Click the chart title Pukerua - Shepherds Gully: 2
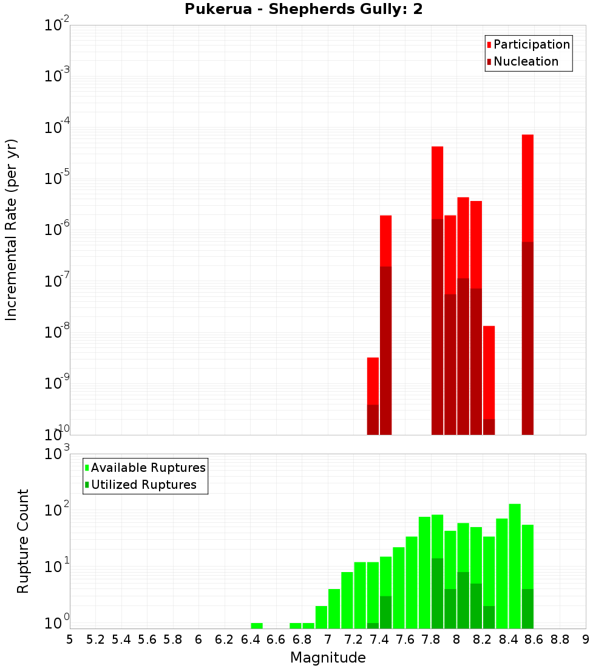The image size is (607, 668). (x=303, y=10)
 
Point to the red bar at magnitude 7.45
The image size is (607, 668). (x=385, y=325)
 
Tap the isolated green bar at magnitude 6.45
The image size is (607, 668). (x=257, y=625)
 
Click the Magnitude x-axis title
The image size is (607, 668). (x=328, y=658)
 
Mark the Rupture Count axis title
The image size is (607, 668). (x=23, y=541)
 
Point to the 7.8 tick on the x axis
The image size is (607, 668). (x=431, y=639)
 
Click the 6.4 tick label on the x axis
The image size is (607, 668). (x=250, y=639)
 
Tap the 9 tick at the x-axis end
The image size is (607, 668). (x=586, y=639)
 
